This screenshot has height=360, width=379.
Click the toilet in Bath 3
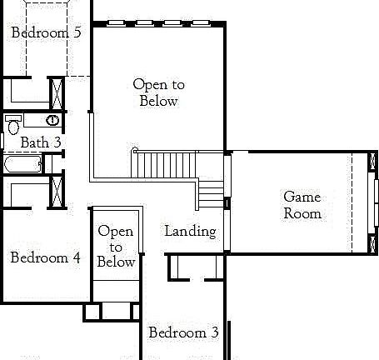tap(12, 124)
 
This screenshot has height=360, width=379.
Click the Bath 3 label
tap(41, 142)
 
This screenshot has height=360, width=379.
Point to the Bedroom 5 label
tap(46, 32)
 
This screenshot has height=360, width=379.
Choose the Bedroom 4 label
tap(45, 257)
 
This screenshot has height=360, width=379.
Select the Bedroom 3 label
tap(183, 332)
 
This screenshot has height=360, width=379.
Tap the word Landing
tap(190, 231)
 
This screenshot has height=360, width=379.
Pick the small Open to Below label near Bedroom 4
tap(116, 246)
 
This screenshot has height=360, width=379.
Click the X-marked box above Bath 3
tap(57, 93)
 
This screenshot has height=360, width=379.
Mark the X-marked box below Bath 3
tap(57, 191)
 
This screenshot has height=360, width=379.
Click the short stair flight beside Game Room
tap(212, 193)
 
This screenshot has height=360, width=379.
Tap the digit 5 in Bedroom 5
tap(77, 32)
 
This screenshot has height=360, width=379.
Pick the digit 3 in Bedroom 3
tap(214, 332)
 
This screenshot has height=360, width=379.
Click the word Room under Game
tap(302, 213)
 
